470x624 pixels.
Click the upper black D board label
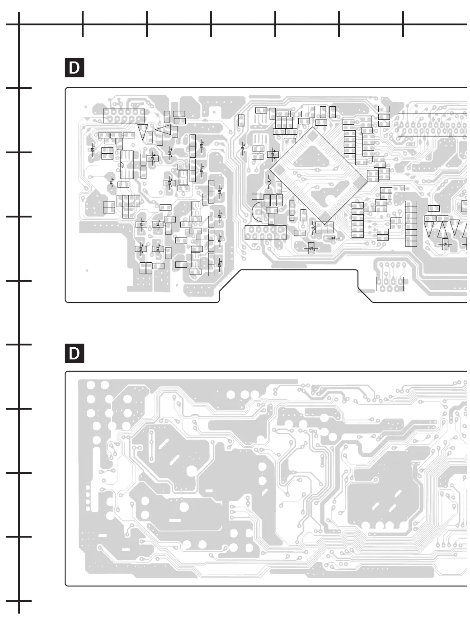(75, 68)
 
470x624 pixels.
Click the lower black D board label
(75, 353)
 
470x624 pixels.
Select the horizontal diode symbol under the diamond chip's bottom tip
(334, 238)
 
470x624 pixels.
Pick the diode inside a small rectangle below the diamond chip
(311, 248)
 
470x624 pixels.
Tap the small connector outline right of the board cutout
(390, 283)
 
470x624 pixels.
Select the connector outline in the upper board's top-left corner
(123, 116)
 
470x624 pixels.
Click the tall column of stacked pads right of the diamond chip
(411, 223)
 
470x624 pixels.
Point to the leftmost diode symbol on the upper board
(93, 149)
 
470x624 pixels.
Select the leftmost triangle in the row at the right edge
(430, 227)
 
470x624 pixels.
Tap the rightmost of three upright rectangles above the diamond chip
(333, 112)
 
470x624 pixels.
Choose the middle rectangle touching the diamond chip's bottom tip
(324, 227)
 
